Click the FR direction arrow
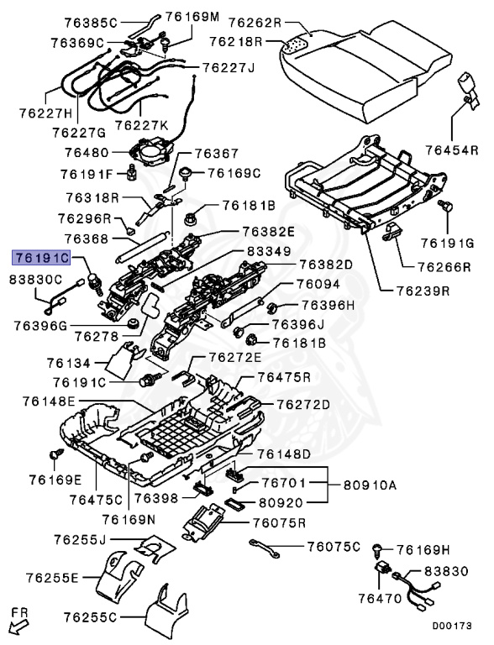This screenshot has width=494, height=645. coord(18,621)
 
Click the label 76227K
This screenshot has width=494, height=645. coord(141,125)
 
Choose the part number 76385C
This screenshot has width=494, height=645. coord(92,21)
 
